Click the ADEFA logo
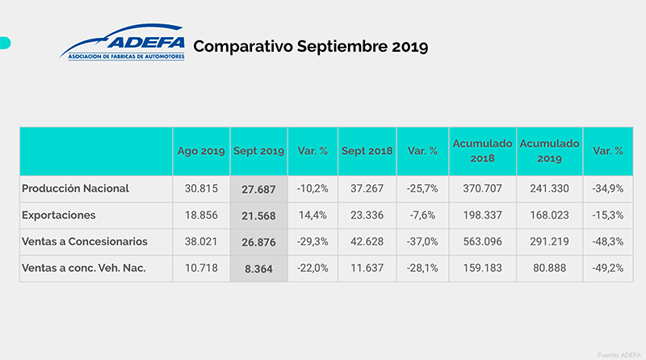123,44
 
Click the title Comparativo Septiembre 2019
310,46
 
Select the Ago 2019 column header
201,151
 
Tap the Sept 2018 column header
367,151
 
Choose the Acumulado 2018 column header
482,150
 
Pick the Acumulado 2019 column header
549,150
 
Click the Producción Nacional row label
75,189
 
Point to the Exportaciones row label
61,216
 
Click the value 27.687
258,189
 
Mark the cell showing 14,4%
312,216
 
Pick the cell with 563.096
482,242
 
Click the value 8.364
258,269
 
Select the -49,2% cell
607,269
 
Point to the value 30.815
201,189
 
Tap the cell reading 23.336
367,216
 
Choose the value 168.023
549,216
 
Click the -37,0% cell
422,242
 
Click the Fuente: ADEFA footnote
618,354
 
